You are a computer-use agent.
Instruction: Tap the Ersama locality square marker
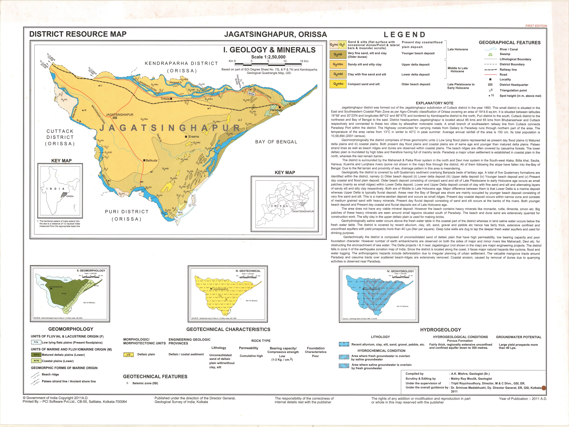coord(186,137)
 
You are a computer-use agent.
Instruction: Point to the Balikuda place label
coord(151,160)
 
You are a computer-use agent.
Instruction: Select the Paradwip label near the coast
coord(276,110)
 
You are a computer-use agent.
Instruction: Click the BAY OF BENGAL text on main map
coord(276,142)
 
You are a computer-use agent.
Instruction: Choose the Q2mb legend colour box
coord(338,55)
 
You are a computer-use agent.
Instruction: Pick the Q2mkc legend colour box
coord(338,84)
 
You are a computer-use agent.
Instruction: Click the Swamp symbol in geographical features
coord(490,54)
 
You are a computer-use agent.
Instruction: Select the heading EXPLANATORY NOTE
coord(434,103)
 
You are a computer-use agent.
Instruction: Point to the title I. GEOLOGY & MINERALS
coord(269,50)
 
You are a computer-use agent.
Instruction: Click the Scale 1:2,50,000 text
coord(268,57)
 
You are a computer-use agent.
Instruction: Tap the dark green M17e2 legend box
coord(36,355)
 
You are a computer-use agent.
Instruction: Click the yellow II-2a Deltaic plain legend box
coord(129,355)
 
